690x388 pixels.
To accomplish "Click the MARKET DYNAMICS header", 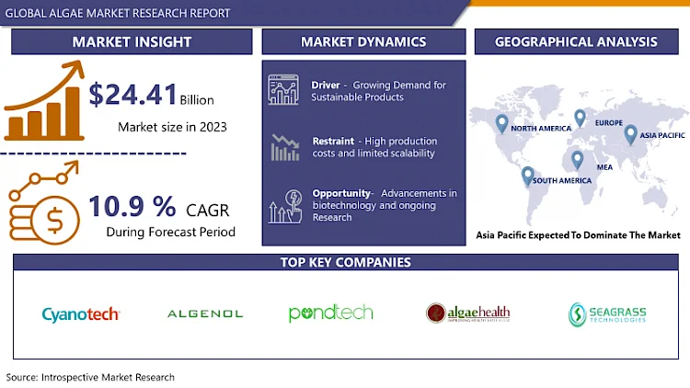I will pos(363,41).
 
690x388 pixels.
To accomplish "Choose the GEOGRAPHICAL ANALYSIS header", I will pos(576,41).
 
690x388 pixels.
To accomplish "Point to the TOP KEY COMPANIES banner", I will pos(345,262).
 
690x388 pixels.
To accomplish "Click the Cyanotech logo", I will pos(81,314).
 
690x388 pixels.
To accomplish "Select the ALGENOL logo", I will pos(205,314).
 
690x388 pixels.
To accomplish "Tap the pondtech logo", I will pos(330,314).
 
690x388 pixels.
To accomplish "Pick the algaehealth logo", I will pos(467,314).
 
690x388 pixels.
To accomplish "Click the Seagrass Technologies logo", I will pos(607,314).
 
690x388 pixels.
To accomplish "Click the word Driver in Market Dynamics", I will pos(326,86).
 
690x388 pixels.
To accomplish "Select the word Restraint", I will pos(333,141).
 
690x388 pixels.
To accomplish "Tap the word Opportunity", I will pos(341,193).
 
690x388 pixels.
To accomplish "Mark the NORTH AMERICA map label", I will pos(542,129).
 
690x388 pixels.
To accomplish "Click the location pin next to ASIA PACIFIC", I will pos(630,134).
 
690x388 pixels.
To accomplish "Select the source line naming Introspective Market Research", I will pos(90,377).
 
